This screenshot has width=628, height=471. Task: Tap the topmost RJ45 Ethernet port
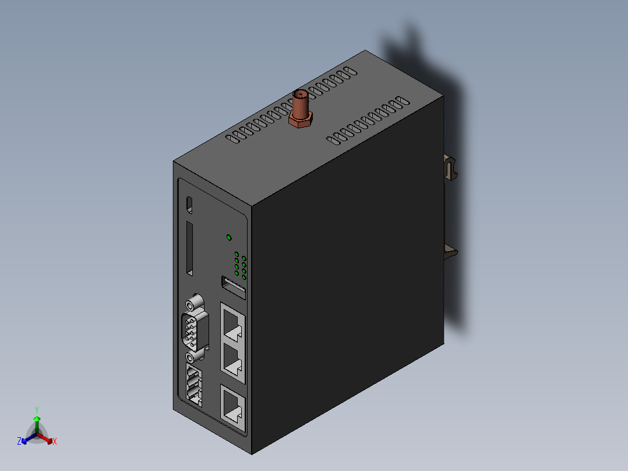coord(233,325)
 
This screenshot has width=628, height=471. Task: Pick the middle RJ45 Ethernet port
coord(233,359)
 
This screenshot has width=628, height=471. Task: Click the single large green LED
coord(229,237)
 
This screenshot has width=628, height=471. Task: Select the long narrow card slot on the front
coord(190,248)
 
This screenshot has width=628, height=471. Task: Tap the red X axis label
coord(55,442)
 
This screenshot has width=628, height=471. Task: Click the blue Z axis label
coord(19,442)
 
